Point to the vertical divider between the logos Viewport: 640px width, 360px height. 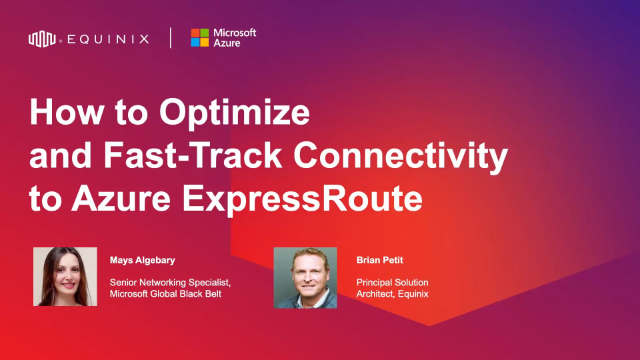pyautogui.click(x=170, y=39)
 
